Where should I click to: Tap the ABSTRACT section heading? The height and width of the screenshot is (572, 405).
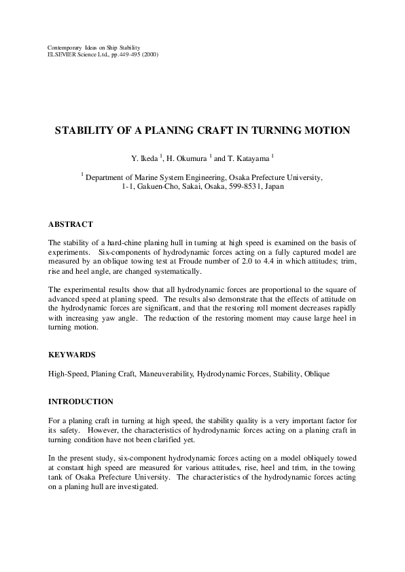[71, 224]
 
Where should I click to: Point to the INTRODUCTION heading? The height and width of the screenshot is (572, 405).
[81, 401]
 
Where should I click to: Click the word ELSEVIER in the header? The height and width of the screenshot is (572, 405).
[63, 54]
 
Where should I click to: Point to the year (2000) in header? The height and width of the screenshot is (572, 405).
[150, 54]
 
